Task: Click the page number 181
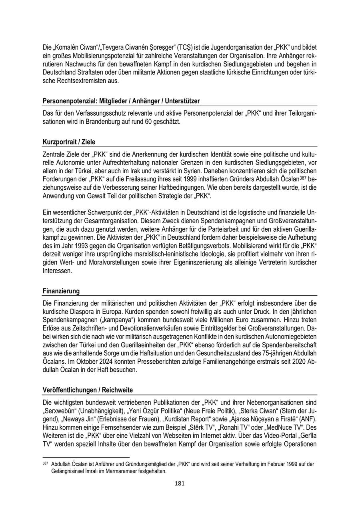pos(180,483)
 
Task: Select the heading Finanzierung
pos(61,291)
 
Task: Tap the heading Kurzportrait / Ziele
pos(69,142)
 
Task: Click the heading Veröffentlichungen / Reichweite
pos(88,390)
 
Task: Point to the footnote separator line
pos(86,457)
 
